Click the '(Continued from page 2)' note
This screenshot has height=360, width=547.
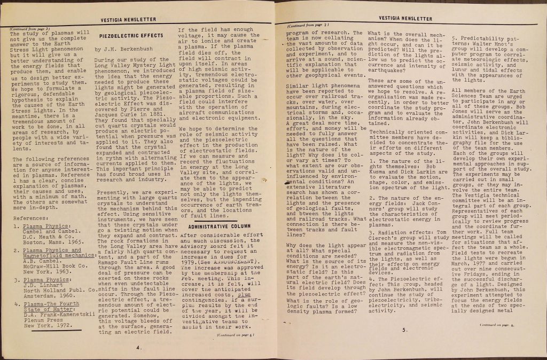309,25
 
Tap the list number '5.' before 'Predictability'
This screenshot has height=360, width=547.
456,39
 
